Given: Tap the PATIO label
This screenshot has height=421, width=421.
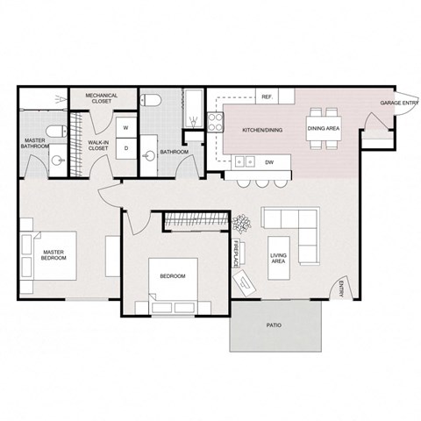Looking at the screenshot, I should [274, 325].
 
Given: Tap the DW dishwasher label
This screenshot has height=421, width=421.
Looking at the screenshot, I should [270, 161].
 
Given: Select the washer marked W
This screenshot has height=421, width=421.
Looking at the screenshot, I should [125, 128].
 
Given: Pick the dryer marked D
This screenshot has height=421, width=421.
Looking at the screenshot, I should [125, 147].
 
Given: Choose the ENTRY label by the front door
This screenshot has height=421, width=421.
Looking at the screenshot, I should [341, 289].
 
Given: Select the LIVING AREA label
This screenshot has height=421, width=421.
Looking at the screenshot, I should [279, 257].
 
